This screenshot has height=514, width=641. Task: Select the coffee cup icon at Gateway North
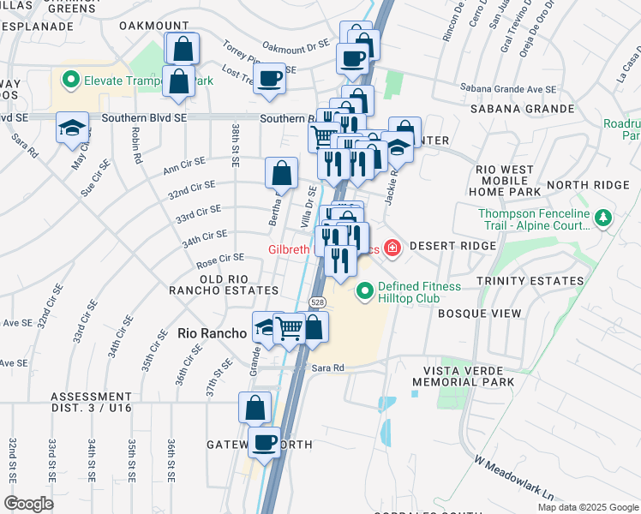click(x=264, y=443)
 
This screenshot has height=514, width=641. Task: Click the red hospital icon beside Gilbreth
click(x=392, y=248)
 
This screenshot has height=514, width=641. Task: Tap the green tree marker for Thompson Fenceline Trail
click(x=605, y=219)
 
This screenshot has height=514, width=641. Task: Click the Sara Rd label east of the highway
click(x=327, y=368)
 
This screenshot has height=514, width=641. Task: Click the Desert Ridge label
click(x=452, y=246)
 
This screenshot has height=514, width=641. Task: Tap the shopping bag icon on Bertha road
click(x=281, y=174)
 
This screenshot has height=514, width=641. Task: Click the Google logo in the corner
click(x=29, y=504)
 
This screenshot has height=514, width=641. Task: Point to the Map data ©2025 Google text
click(x=587, y=507)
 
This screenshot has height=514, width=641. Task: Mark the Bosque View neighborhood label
click(x=479, y=314)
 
